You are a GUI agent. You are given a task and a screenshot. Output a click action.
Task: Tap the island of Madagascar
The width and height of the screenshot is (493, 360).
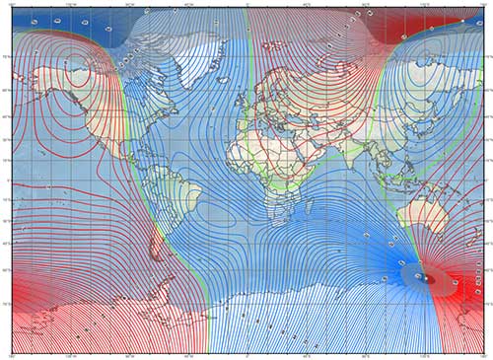310,207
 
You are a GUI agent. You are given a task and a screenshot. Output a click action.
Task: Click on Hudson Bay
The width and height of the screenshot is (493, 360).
133,84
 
